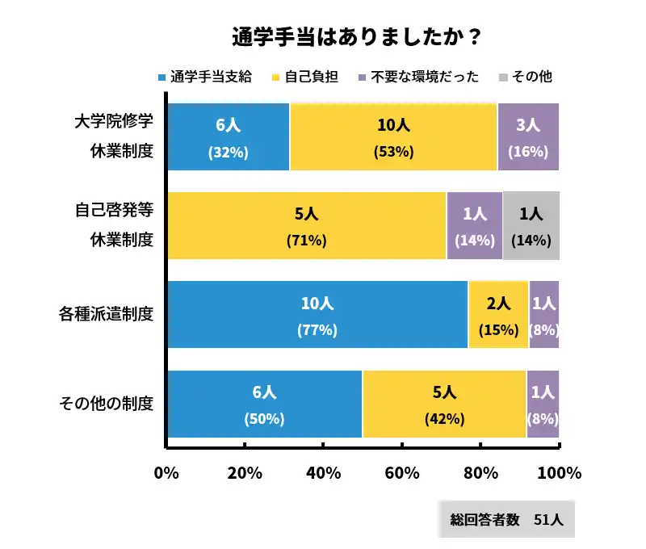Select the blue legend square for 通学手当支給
[161, 78]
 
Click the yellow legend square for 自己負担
[276, 78]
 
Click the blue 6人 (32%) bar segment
[228, 137]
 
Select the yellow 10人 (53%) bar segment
[393, 137]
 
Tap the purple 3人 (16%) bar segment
[528, 137]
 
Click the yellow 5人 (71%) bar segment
[306, 226]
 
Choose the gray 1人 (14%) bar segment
[531, 226]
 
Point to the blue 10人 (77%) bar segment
[317, 315]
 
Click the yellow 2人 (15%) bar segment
[498, 315]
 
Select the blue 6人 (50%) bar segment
[264, 404]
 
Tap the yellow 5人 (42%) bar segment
[444, 404]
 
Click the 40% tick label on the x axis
[323, 473]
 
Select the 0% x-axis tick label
[166, 473]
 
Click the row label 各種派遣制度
[106, 314]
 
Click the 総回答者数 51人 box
[507, 520]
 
